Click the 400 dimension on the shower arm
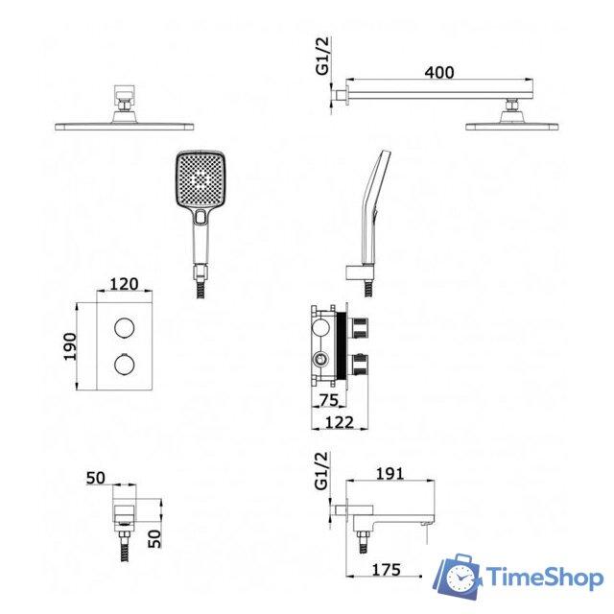(x=439, y=73)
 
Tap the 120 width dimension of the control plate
(x=124, y=284)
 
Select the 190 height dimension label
(x=70, y=346)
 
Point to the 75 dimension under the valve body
(x=328, y=400)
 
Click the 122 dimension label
(x=340, y=422)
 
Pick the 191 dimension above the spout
(x=390, y=474)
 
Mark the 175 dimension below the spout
(x=386, y=570)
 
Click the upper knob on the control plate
(x=125, y=328)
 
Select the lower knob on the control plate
(x=125, y=365)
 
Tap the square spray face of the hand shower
(x=201, y=179)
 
